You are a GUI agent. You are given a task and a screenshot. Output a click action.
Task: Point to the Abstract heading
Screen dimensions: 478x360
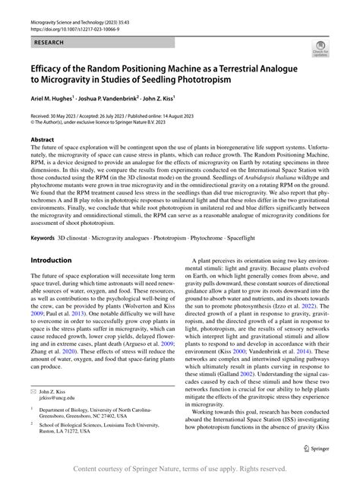[42, 140]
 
